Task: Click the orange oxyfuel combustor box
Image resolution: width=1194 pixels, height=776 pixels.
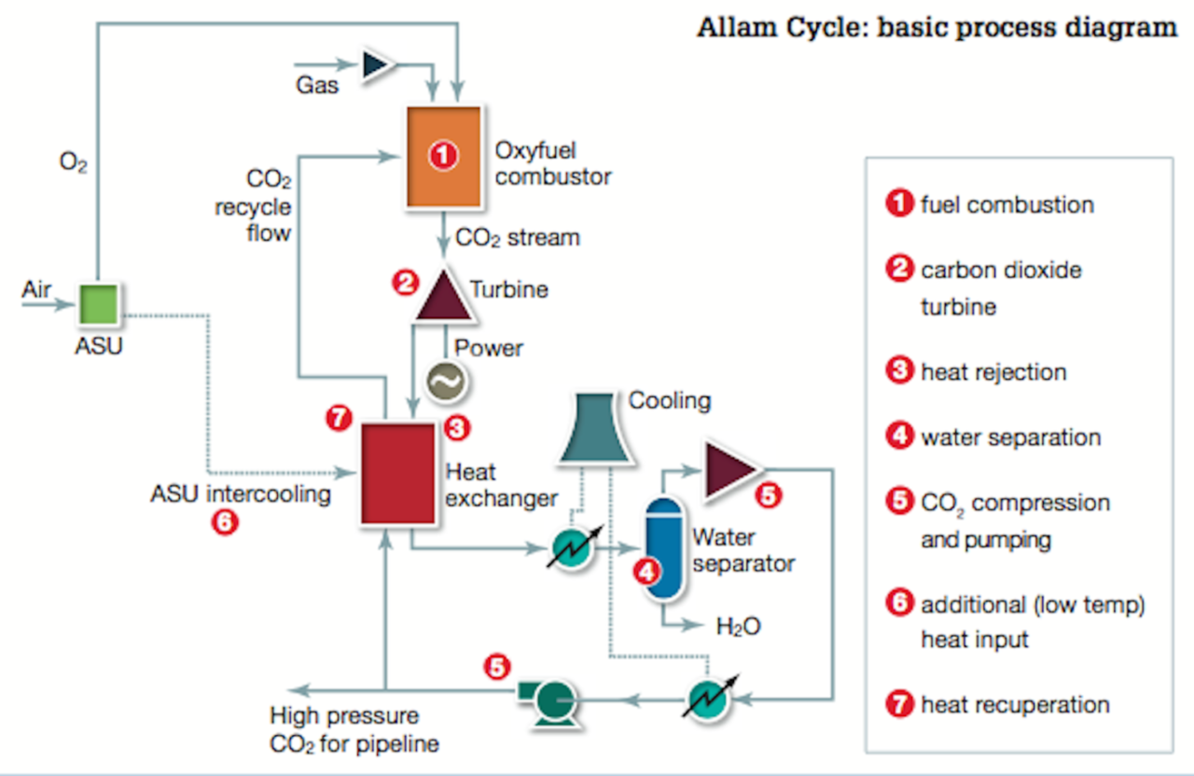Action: click(x=443, y=157)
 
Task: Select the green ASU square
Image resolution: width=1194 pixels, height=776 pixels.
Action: click(x=98, y=304)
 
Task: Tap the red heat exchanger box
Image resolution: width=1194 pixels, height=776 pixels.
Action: click(x=399, y=474)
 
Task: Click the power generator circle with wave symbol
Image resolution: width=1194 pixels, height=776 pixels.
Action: click(x=444, y=380)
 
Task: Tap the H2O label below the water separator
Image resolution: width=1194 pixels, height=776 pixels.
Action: click(x=738, y=626)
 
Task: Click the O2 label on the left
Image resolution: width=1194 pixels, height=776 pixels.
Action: click(x=74, y=163)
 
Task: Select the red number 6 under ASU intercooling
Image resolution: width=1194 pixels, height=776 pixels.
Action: click(x=225, y=521)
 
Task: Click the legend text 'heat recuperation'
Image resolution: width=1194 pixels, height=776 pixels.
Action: click(x=1015, y=704)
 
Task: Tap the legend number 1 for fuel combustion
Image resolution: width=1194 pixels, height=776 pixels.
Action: click(x=899, y=204)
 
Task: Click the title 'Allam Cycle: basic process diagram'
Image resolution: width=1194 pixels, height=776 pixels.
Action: click(x=937, y=27)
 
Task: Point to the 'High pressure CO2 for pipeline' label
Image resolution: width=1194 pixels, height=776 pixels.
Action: click(x=354, y=730)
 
